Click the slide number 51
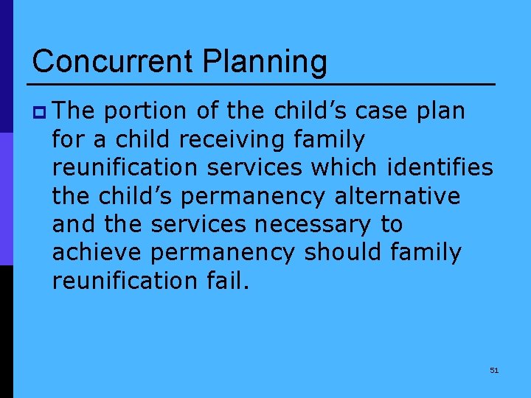point(494,370)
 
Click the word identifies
point(440,167)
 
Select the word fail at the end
point(224,280)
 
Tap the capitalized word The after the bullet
point(74,111)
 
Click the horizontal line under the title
point(263,84)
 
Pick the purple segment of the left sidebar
point(6,199)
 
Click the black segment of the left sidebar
point(6,332)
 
